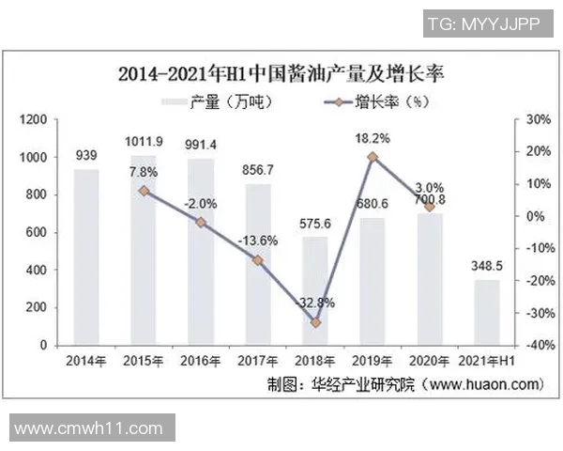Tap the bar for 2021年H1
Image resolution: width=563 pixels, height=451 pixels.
pos(487,312)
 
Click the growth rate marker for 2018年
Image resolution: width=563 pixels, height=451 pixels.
pos(315,322)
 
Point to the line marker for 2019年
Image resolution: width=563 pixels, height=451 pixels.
pos(373,157)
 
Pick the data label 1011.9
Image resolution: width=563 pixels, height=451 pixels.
pos(144,142)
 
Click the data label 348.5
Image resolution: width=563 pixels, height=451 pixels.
pos(487,267)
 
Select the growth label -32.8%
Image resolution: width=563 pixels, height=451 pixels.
pos(315,303)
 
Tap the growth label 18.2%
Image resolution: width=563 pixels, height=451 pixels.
pos(373,138)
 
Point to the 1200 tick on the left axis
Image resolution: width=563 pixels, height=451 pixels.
pos(34,119)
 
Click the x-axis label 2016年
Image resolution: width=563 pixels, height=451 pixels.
pos(201,362)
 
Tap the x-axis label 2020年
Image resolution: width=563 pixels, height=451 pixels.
pos(430,362)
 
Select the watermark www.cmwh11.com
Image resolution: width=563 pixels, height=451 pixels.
pos(89,428)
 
